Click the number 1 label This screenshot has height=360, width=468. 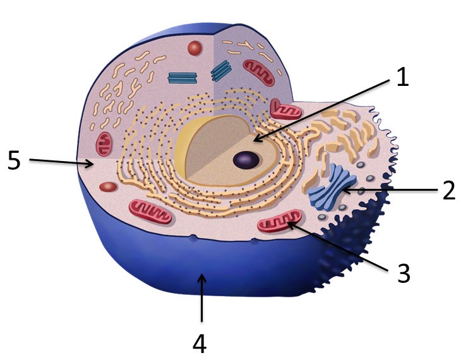point(402,76)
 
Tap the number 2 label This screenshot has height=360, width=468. point(448,189)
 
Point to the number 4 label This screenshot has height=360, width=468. point(199,343)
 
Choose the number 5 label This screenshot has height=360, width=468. point(15,160)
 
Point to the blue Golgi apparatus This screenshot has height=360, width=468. point(333,187)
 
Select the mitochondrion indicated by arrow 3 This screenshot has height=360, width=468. point(277,225)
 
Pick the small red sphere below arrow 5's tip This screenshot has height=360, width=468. point(109,187)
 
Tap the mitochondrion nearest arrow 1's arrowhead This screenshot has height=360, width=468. point(287,109)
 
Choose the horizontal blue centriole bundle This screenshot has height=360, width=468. point(183,78)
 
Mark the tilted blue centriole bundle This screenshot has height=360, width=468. point(222,70)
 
